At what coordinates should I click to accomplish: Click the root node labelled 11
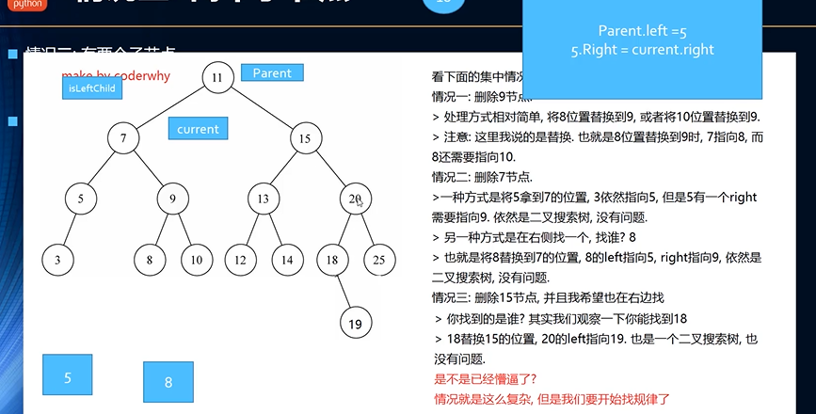[217, 77]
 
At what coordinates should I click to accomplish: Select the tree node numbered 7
[123, 138]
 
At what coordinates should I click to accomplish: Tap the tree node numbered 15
[305, 138]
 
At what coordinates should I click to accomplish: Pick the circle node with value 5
[81, 199]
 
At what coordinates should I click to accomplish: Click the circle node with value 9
[173, 199]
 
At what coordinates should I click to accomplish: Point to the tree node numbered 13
[264, 199]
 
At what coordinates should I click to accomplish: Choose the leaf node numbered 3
[58, 259]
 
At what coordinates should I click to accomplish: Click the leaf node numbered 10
[196, 259]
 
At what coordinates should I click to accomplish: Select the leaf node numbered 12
[241, 259]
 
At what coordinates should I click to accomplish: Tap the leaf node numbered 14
[287, 259]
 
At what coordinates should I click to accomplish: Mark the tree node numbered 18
[332, 259]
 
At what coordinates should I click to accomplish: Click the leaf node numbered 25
[378, 259]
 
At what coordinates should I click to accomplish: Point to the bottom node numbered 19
[356, 323]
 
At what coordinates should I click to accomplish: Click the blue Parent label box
[272, 72]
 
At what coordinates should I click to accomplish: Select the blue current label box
[197, 129]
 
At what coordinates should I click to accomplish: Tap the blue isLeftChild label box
[90, 88]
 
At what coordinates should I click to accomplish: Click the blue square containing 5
[67, 377]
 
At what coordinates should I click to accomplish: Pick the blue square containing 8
[168, 382]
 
